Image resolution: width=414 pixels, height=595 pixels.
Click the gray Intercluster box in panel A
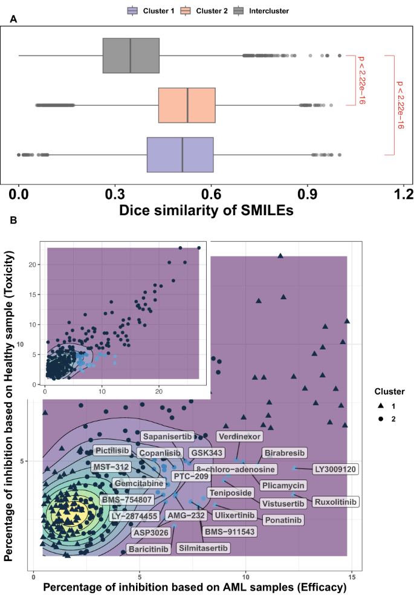pos(131,56)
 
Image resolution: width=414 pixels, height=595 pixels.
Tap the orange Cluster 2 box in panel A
pos(187,105)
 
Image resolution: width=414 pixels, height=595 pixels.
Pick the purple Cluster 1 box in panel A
pos(180,155)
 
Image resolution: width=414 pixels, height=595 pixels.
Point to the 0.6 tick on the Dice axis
pos(211,195)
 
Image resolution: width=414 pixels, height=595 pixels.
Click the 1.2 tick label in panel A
pos(404,195)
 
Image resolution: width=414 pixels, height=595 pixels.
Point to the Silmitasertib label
pos(203,548)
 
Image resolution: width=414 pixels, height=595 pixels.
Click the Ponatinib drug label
pos(283,519)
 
